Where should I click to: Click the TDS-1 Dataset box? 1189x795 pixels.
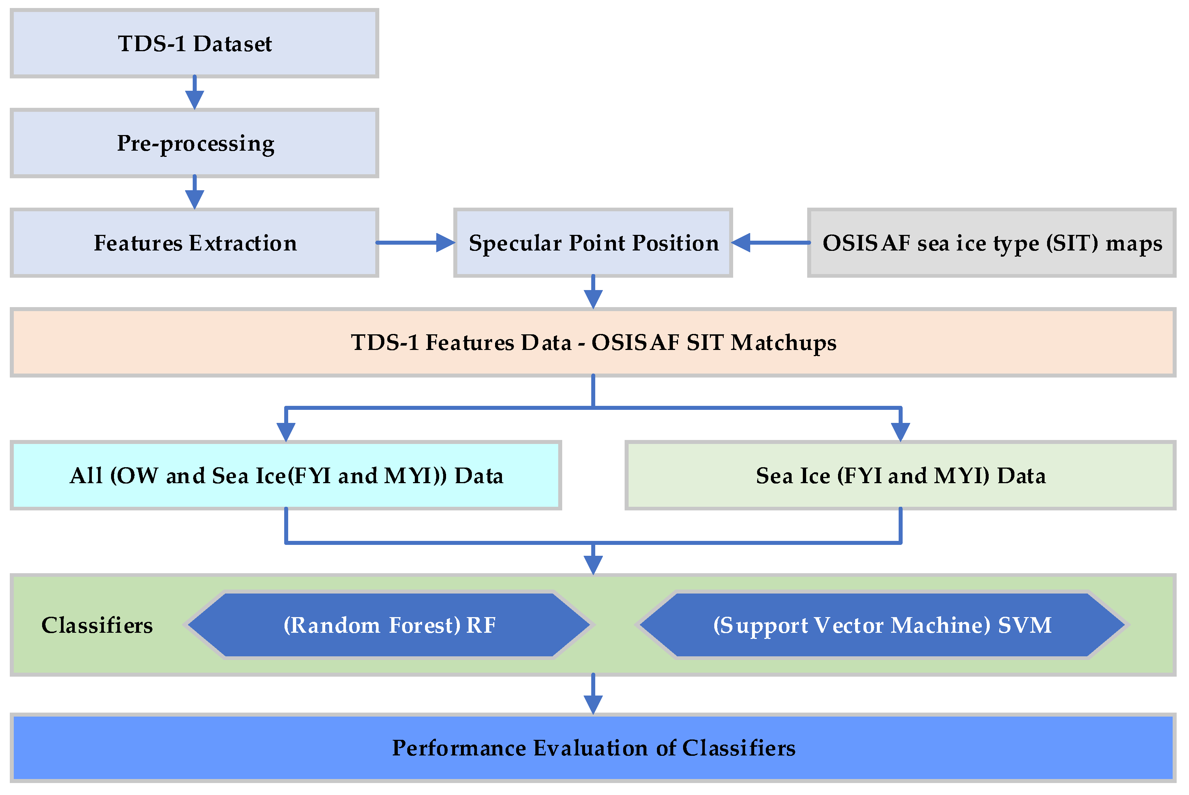click(194, 44)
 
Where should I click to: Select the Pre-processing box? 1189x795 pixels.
click(194, 143)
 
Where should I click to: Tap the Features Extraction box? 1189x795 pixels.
click(194, 243)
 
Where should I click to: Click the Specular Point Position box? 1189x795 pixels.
click(593, 243)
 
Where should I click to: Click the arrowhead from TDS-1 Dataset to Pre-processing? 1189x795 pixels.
click(194, 99)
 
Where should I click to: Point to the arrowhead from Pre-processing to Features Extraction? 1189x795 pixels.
click(194, 199)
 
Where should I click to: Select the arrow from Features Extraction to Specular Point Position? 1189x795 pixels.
click(416, 243)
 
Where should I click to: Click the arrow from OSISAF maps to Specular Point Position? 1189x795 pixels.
click(771, 243)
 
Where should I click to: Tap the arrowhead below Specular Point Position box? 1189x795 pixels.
click(593, 299)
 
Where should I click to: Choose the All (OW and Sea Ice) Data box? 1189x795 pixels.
click(286, 476)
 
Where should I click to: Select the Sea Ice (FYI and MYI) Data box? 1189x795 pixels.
click(900, 476)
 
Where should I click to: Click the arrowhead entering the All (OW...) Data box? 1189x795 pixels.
click(286, 432)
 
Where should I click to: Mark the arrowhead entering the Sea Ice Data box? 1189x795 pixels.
click(900, 432)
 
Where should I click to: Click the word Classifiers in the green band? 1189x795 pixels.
click(97, 625)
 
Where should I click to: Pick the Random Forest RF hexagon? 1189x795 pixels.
click(389, 625)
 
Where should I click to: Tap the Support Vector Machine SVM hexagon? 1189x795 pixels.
click(882, 625)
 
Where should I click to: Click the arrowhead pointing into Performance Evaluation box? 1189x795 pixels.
click(593, 705)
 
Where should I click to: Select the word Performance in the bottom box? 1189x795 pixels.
click(459, 749)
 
